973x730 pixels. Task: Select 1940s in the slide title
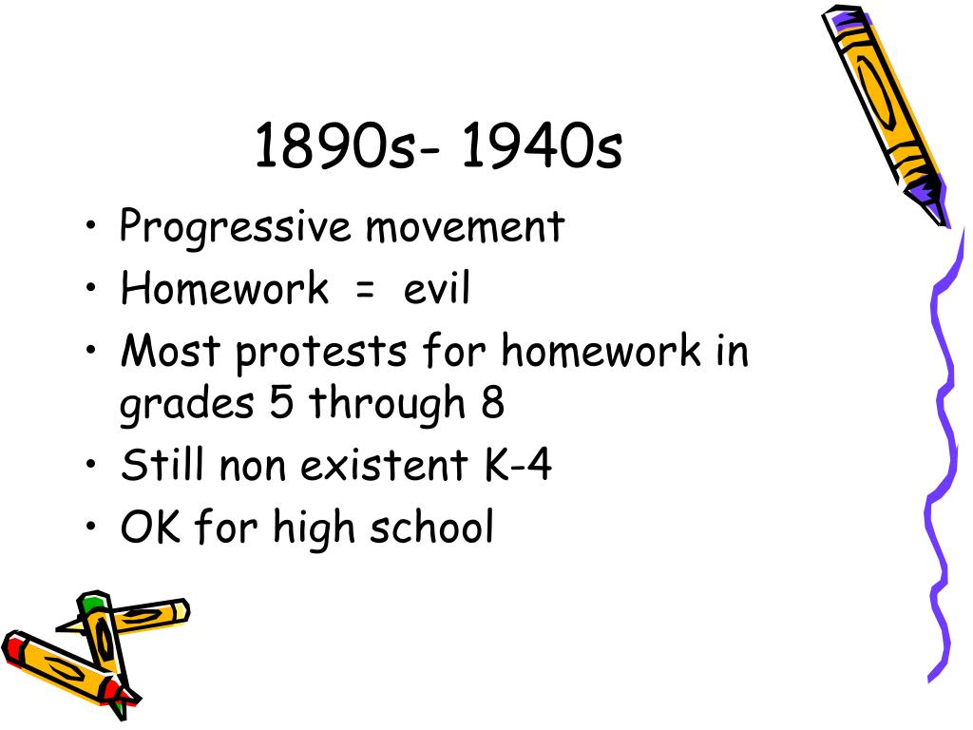(x=542, y=145)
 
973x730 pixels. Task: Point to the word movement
(x=465, y=227)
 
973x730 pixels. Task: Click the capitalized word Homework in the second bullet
(x=224, y=288)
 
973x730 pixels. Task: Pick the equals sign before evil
(x=366, y=290)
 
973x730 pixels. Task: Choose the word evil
(x=436, y=288)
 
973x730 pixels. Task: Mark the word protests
(x=321, y=353)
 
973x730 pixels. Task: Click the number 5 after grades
(x=281, y=402)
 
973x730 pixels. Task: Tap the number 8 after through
(x=492, y=402)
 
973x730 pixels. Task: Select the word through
(x=387, y=404)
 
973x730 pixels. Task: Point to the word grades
(x=187, y=404)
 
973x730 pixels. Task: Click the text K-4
(x=518, y=464)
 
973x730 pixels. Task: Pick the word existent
(x=384, y=464)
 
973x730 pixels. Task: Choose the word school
(x=431, y=527)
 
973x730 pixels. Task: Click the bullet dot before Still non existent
(x=91, y=463)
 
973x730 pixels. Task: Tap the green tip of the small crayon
(x=92, y=602)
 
